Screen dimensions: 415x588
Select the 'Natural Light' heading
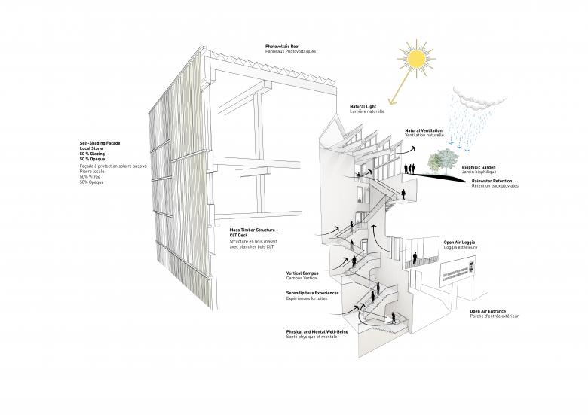(x=365, y=106)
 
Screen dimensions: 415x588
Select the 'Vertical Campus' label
(x=304, y=273)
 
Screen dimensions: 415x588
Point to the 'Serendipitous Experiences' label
(x=312, y=293)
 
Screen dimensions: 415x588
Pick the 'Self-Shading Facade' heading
(x=100, y=142)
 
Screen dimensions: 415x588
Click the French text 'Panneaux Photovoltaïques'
(x=290, y=52)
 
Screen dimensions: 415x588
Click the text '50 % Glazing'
(x=95, y=153)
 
